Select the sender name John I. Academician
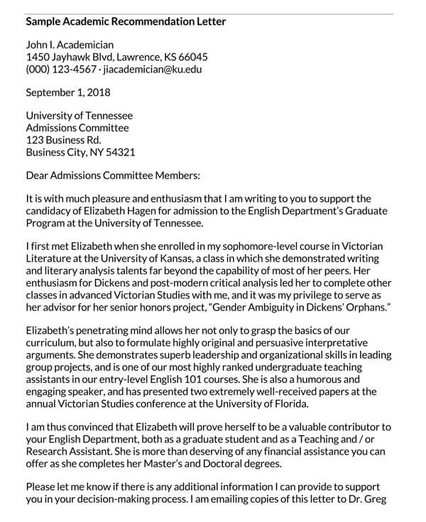[x=70, y=45]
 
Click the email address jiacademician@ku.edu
[x=153, y=70]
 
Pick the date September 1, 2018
[x=68, y=92]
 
